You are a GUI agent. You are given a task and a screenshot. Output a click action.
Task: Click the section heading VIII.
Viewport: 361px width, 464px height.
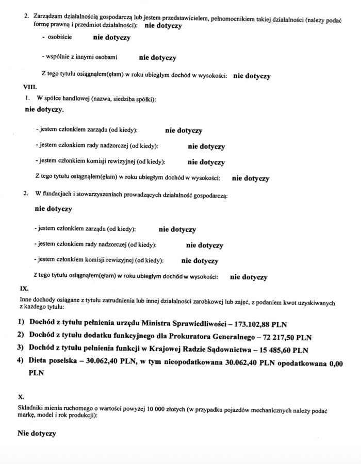[23, 87]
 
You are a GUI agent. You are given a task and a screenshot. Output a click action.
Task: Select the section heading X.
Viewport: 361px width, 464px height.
[21, 397]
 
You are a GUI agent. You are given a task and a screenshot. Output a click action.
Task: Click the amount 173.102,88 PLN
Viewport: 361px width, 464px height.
[260, 324]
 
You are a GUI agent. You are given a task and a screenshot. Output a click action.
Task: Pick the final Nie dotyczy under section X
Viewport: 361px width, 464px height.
[37, 434]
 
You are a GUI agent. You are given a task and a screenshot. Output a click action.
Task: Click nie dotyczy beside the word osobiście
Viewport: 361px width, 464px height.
[111, 38]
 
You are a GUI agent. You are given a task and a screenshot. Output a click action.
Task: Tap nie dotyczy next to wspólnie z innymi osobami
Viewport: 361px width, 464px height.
[157, 58]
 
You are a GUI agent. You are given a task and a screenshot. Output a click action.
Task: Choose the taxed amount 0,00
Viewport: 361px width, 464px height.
[336, 363]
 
